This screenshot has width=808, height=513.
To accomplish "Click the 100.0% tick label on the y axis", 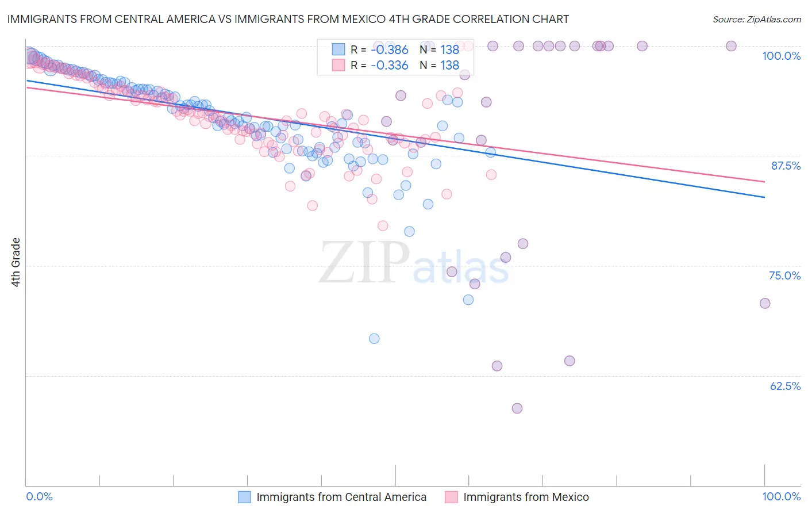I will (x=781, y=56).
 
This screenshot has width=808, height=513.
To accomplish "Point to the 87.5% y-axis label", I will (x=786, y=166).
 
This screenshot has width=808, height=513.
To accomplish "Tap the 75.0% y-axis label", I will (x=784, y=275).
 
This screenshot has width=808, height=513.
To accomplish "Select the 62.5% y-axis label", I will (x=785, y=386).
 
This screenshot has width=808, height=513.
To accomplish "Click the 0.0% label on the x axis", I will (x=40, y=496).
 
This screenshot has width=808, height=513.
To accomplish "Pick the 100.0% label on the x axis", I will (x=781, y=496).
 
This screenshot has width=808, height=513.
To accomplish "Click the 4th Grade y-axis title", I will (x=16, y=262).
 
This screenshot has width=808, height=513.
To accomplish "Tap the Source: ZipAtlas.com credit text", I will (x=756, y=19).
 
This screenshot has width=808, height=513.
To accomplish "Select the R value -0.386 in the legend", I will (x=389, y=49).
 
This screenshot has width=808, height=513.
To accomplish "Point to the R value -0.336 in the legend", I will (x=389, y=65).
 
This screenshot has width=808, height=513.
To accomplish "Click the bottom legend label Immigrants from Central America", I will (x=341, y=497).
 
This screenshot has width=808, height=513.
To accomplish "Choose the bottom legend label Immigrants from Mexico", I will (x=526, y=497).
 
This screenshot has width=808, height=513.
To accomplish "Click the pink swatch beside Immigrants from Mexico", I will (x=451, y=497).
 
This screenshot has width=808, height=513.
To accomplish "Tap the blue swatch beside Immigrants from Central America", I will (x=244, y=497).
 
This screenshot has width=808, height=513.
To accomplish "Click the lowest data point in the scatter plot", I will (x=517, y=408).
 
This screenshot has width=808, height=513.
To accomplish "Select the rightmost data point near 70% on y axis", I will (x=764, y=303).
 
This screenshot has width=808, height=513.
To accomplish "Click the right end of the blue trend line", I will (x=764, y=197).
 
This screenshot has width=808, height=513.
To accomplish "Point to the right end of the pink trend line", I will (x=764, y=182).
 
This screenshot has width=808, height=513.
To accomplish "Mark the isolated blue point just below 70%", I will (x=374, y=338).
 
